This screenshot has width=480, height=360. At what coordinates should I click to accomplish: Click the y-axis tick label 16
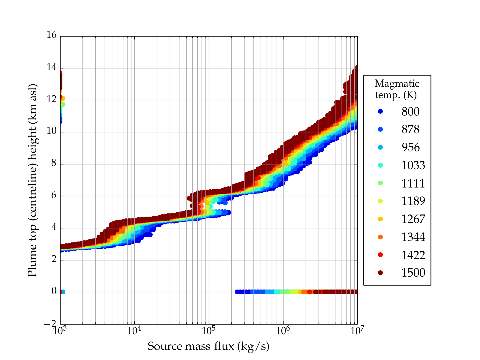click(x=52, y=35)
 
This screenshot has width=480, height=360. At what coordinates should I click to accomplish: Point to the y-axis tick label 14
click(x=52, y=67)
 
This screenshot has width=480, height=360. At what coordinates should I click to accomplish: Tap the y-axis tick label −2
click(x=50, y=323)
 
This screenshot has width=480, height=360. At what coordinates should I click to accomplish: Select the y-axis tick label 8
click(x=54, y=163)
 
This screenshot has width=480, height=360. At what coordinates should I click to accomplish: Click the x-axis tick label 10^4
click(x=134, y=331)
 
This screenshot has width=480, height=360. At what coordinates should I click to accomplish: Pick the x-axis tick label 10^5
click(x=208, y=331)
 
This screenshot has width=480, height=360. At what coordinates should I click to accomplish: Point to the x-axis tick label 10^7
click(x=357, y=331)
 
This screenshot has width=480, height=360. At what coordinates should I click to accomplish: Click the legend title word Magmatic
click(x=397, y=83)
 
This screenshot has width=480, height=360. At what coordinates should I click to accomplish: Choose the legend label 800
click(x=410, y=112)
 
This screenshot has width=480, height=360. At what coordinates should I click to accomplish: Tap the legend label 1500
click(x=413, y=273)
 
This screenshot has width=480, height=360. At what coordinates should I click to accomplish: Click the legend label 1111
click(x=413, y=183)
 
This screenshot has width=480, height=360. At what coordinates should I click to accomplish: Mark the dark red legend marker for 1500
click(x=380, y=272)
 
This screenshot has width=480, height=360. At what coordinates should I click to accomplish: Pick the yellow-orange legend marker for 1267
click(x=380, y=219)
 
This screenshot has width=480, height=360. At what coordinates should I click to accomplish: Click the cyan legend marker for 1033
click(x=380, y=165)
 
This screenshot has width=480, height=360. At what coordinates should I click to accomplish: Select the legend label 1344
click(x=413, y=237)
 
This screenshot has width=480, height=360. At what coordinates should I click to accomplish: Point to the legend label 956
click(x=410, y=147)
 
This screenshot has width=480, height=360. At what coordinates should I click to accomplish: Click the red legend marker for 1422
click(x=380, y=255)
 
